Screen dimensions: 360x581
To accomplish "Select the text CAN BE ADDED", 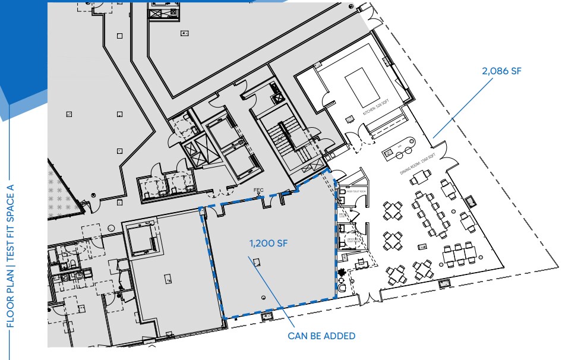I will coord(321,336).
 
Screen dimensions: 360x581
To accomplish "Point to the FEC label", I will coord(258,191).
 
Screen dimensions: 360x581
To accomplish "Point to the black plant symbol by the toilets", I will coord(342,274).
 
